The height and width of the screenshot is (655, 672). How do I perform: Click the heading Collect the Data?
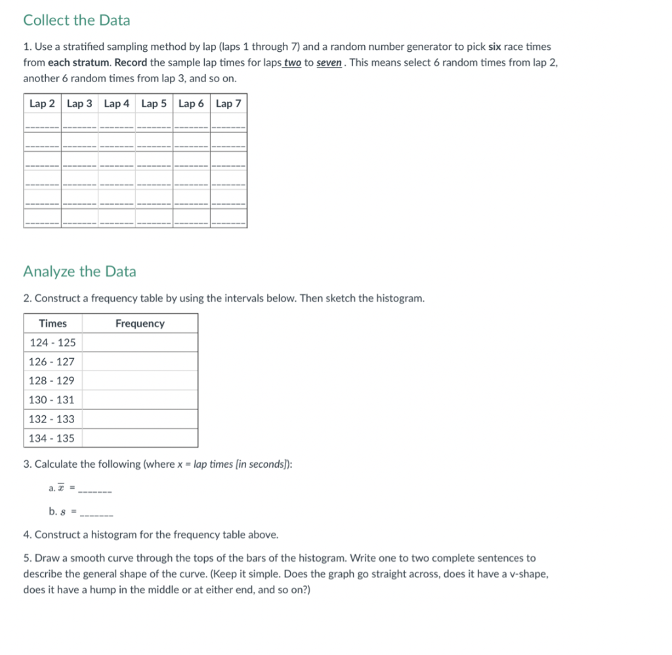(77, 20)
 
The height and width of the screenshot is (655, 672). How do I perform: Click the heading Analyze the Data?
(79, 271)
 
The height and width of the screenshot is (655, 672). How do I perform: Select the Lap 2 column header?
(42, 104)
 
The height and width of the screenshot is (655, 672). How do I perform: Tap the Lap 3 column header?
(79, 104)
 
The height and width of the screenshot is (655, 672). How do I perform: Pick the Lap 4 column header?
(117, 104)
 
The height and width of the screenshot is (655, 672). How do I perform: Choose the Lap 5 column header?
(154, 104)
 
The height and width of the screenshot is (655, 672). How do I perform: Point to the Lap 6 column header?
(192, 104)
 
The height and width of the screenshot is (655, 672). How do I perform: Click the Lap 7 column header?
(228, 104)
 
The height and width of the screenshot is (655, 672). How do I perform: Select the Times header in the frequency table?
(53, 323)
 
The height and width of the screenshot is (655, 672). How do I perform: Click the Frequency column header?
(140, 323)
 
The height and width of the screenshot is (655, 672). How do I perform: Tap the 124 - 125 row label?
(52, 342)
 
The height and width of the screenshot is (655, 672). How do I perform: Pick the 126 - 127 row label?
(52, 361)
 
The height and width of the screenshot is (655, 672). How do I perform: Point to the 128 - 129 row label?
(52, 380)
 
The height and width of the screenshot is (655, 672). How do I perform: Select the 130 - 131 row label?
(52, 399)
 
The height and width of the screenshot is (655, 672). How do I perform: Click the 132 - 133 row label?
(52, 418)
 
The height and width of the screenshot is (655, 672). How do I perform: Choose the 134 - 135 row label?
(52, 438)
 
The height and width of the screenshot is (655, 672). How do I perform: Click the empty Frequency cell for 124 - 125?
(140, 342)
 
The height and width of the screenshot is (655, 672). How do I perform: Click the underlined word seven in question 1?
(330, 62)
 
